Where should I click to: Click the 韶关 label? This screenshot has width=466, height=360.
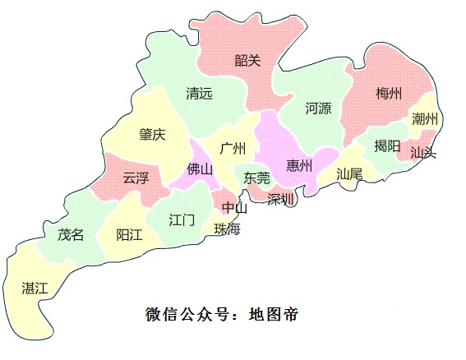(x=247, y=60)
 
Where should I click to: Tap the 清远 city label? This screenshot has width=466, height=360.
(x=199, y=94)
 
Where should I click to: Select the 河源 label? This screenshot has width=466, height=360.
(x=318, y=108)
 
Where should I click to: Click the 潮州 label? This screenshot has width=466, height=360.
(x=426, y=120)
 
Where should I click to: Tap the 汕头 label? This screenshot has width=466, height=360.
(x=423, y=152)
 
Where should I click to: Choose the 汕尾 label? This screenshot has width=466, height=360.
(x=349, y=173)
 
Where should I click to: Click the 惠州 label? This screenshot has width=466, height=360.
(x=299, y=166)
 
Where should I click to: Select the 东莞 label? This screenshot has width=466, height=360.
(x=256, y=177)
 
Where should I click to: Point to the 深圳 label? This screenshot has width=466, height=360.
(x=281, y=198)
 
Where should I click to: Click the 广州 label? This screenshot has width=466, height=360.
(x=233, y=148)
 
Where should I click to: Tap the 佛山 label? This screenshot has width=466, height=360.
(x=200, y=170)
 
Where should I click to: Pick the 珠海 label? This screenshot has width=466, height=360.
(x=227, y=228)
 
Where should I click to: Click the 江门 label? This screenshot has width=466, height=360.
(x=182, y=219)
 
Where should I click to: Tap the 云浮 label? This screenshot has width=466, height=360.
(x=136, y=177)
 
